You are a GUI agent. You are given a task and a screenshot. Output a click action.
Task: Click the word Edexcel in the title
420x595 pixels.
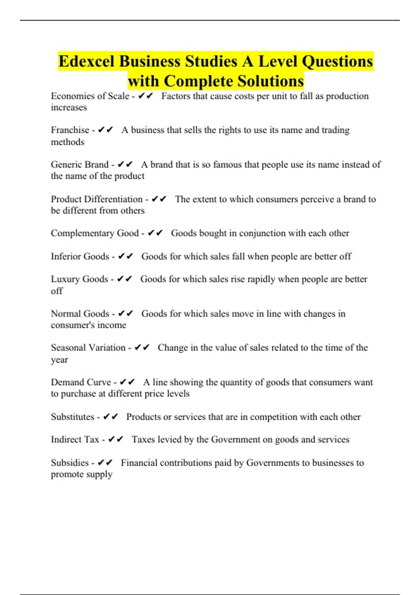point(86,62)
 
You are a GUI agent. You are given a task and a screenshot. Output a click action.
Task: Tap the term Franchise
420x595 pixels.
point(70,130)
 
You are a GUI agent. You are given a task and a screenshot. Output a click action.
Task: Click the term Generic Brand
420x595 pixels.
point(79,164)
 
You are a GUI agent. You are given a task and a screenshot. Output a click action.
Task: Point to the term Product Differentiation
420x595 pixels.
point(97,199)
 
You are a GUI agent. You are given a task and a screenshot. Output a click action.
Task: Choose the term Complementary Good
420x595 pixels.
point(94,233)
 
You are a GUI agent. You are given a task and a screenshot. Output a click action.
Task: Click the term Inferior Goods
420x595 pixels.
point(80,257)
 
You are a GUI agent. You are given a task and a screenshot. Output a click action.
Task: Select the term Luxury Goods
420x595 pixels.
point(79,279)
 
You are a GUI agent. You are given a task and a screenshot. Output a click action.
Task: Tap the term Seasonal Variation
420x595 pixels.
point(88,348)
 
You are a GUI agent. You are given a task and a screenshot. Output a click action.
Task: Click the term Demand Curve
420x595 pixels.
point(81,382)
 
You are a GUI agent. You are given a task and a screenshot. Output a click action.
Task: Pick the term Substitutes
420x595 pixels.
point(72,417)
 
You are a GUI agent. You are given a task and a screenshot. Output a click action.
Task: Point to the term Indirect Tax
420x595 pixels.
point(75,440)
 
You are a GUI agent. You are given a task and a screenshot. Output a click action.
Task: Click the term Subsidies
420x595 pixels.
point(70,463)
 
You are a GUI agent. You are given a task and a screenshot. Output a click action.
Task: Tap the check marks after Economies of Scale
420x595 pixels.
point(146,96)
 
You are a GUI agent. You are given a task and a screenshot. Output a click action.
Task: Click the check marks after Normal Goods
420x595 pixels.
point(126,314)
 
